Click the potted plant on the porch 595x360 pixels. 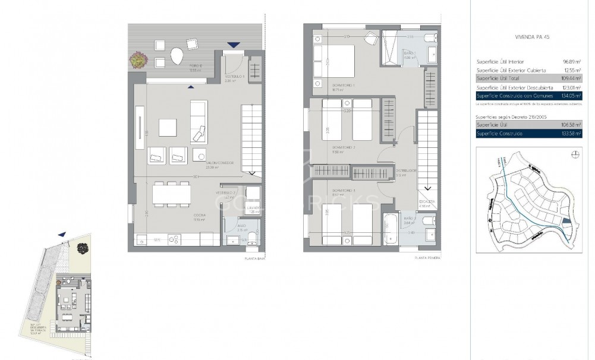coord(138,59)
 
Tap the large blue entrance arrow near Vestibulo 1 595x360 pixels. coord(234,45)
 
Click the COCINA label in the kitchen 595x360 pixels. coord(199,216)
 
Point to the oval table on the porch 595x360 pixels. coord(176,56)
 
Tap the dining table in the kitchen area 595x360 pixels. coord(167,194)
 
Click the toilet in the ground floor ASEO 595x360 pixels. coord(251,238)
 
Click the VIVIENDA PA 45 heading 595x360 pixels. coord(532,37)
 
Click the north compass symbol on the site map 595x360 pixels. coord(575,154)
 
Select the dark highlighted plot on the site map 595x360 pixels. coord(566,221)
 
